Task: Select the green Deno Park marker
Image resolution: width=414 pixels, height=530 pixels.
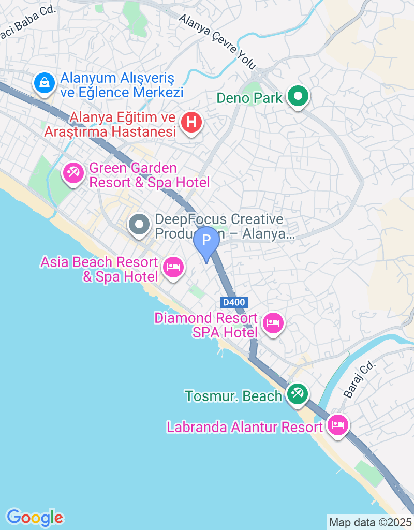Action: [298, 96]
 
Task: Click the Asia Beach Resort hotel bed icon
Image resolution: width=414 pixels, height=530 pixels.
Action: [172, 267]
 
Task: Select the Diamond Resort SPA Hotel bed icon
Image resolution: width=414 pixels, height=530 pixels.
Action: [273, 323]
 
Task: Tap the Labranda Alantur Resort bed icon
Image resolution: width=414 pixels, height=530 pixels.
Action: [337, 426]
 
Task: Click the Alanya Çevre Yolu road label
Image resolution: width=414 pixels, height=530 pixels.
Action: [217, 41]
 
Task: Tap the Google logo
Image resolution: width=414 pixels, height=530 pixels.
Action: [35, 517]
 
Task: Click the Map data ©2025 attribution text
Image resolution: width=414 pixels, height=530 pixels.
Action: [370, 522]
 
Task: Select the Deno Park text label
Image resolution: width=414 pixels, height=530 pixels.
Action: [249, 97]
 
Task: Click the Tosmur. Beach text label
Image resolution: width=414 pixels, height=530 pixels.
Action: [233, 396]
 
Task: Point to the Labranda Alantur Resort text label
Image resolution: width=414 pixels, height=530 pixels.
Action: [245, 428]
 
